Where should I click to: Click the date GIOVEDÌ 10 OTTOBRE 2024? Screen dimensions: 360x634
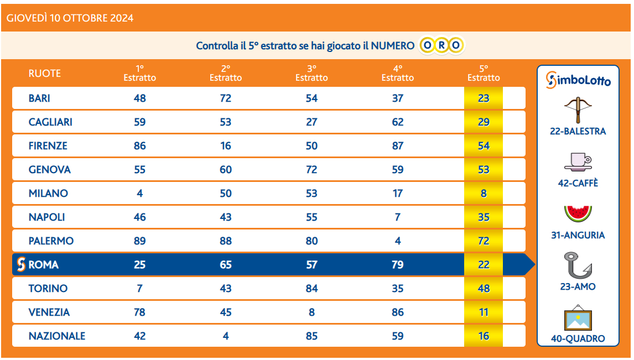point(70,18)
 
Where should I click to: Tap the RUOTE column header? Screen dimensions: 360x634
point(45,74)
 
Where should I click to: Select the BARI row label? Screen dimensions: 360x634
point(39,98)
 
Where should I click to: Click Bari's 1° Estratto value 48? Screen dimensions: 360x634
point(139,98)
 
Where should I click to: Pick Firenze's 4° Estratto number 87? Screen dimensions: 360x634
point(397,146)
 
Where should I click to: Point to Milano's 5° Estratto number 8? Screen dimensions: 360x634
point(484,194)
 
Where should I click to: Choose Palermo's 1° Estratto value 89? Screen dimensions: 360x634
point(139,241)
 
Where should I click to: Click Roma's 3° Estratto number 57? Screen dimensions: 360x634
point(311,265)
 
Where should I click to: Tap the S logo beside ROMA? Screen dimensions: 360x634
point(21,265)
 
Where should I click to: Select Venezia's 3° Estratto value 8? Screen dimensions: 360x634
point(311,312)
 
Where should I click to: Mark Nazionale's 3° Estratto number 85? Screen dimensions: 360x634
point(311,336)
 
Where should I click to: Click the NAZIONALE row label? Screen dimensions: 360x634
point(57,336)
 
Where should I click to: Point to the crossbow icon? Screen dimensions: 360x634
point(578,110)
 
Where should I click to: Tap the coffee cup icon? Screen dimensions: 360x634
point(578,161)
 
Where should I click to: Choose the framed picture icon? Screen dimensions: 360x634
point(578,317)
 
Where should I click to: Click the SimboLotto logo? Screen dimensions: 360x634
point(578,80)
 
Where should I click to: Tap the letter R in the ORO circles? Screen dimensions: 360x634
point(441,45)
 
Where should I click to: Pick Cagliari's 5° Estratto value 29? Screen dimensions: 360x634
point(484,122)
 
